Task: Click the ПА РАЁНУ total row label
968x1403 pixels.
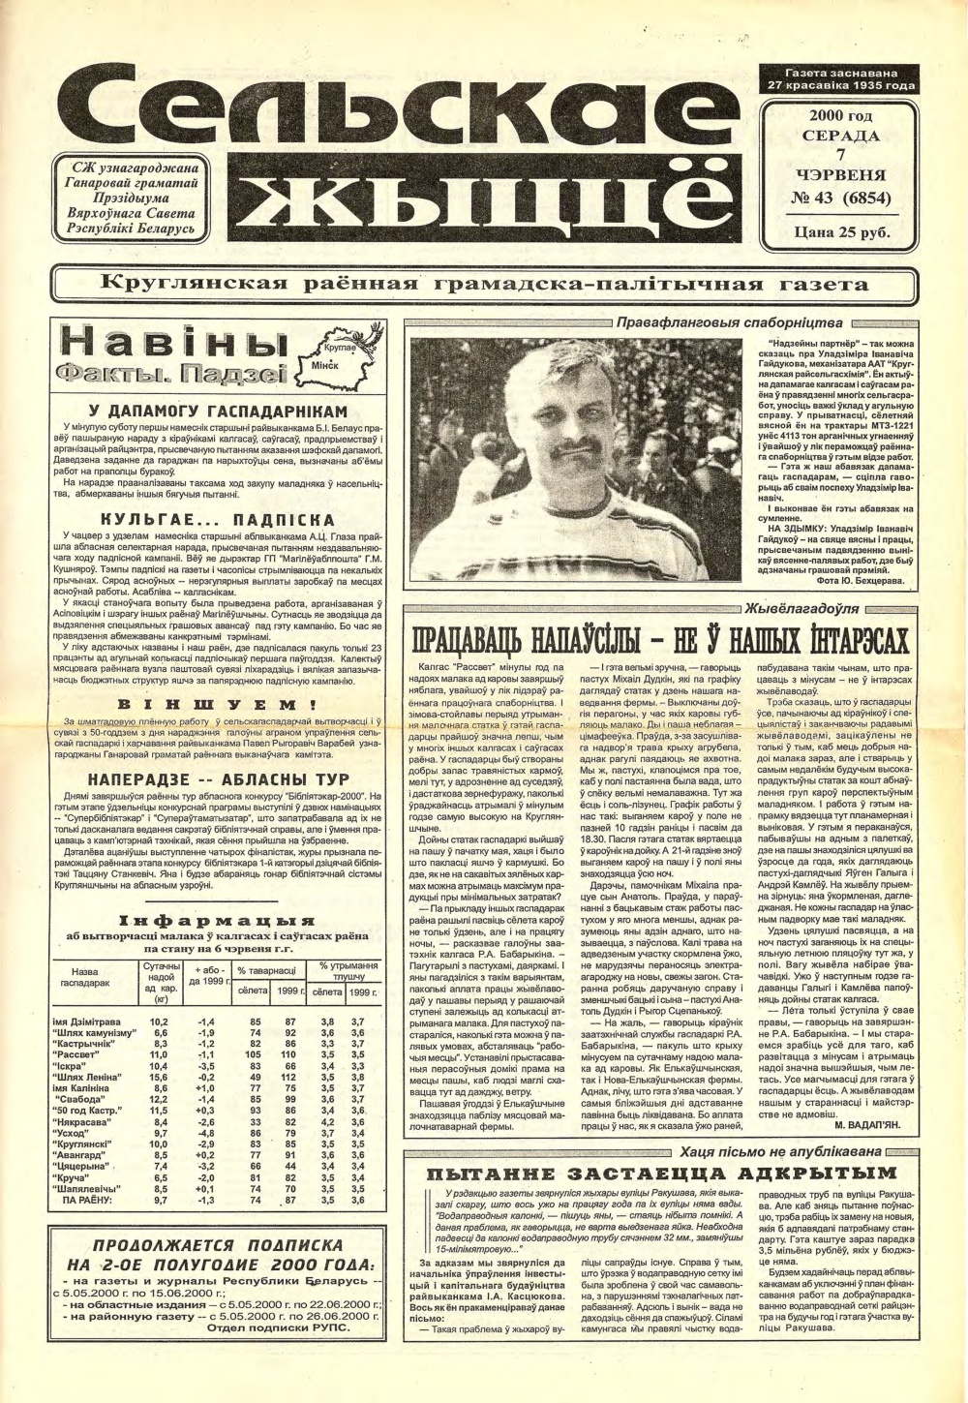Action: coord(85,1200)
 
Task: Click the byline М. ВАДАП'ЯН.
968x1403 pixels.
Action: coord(868,1126)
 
